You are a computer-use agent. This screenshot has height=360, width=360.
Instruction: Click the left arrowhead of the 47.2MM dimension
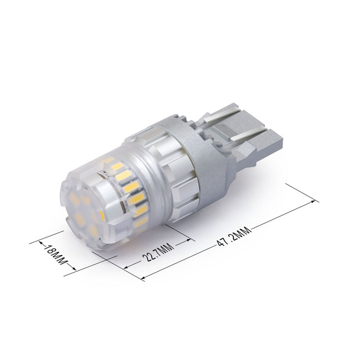(143, 276)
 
